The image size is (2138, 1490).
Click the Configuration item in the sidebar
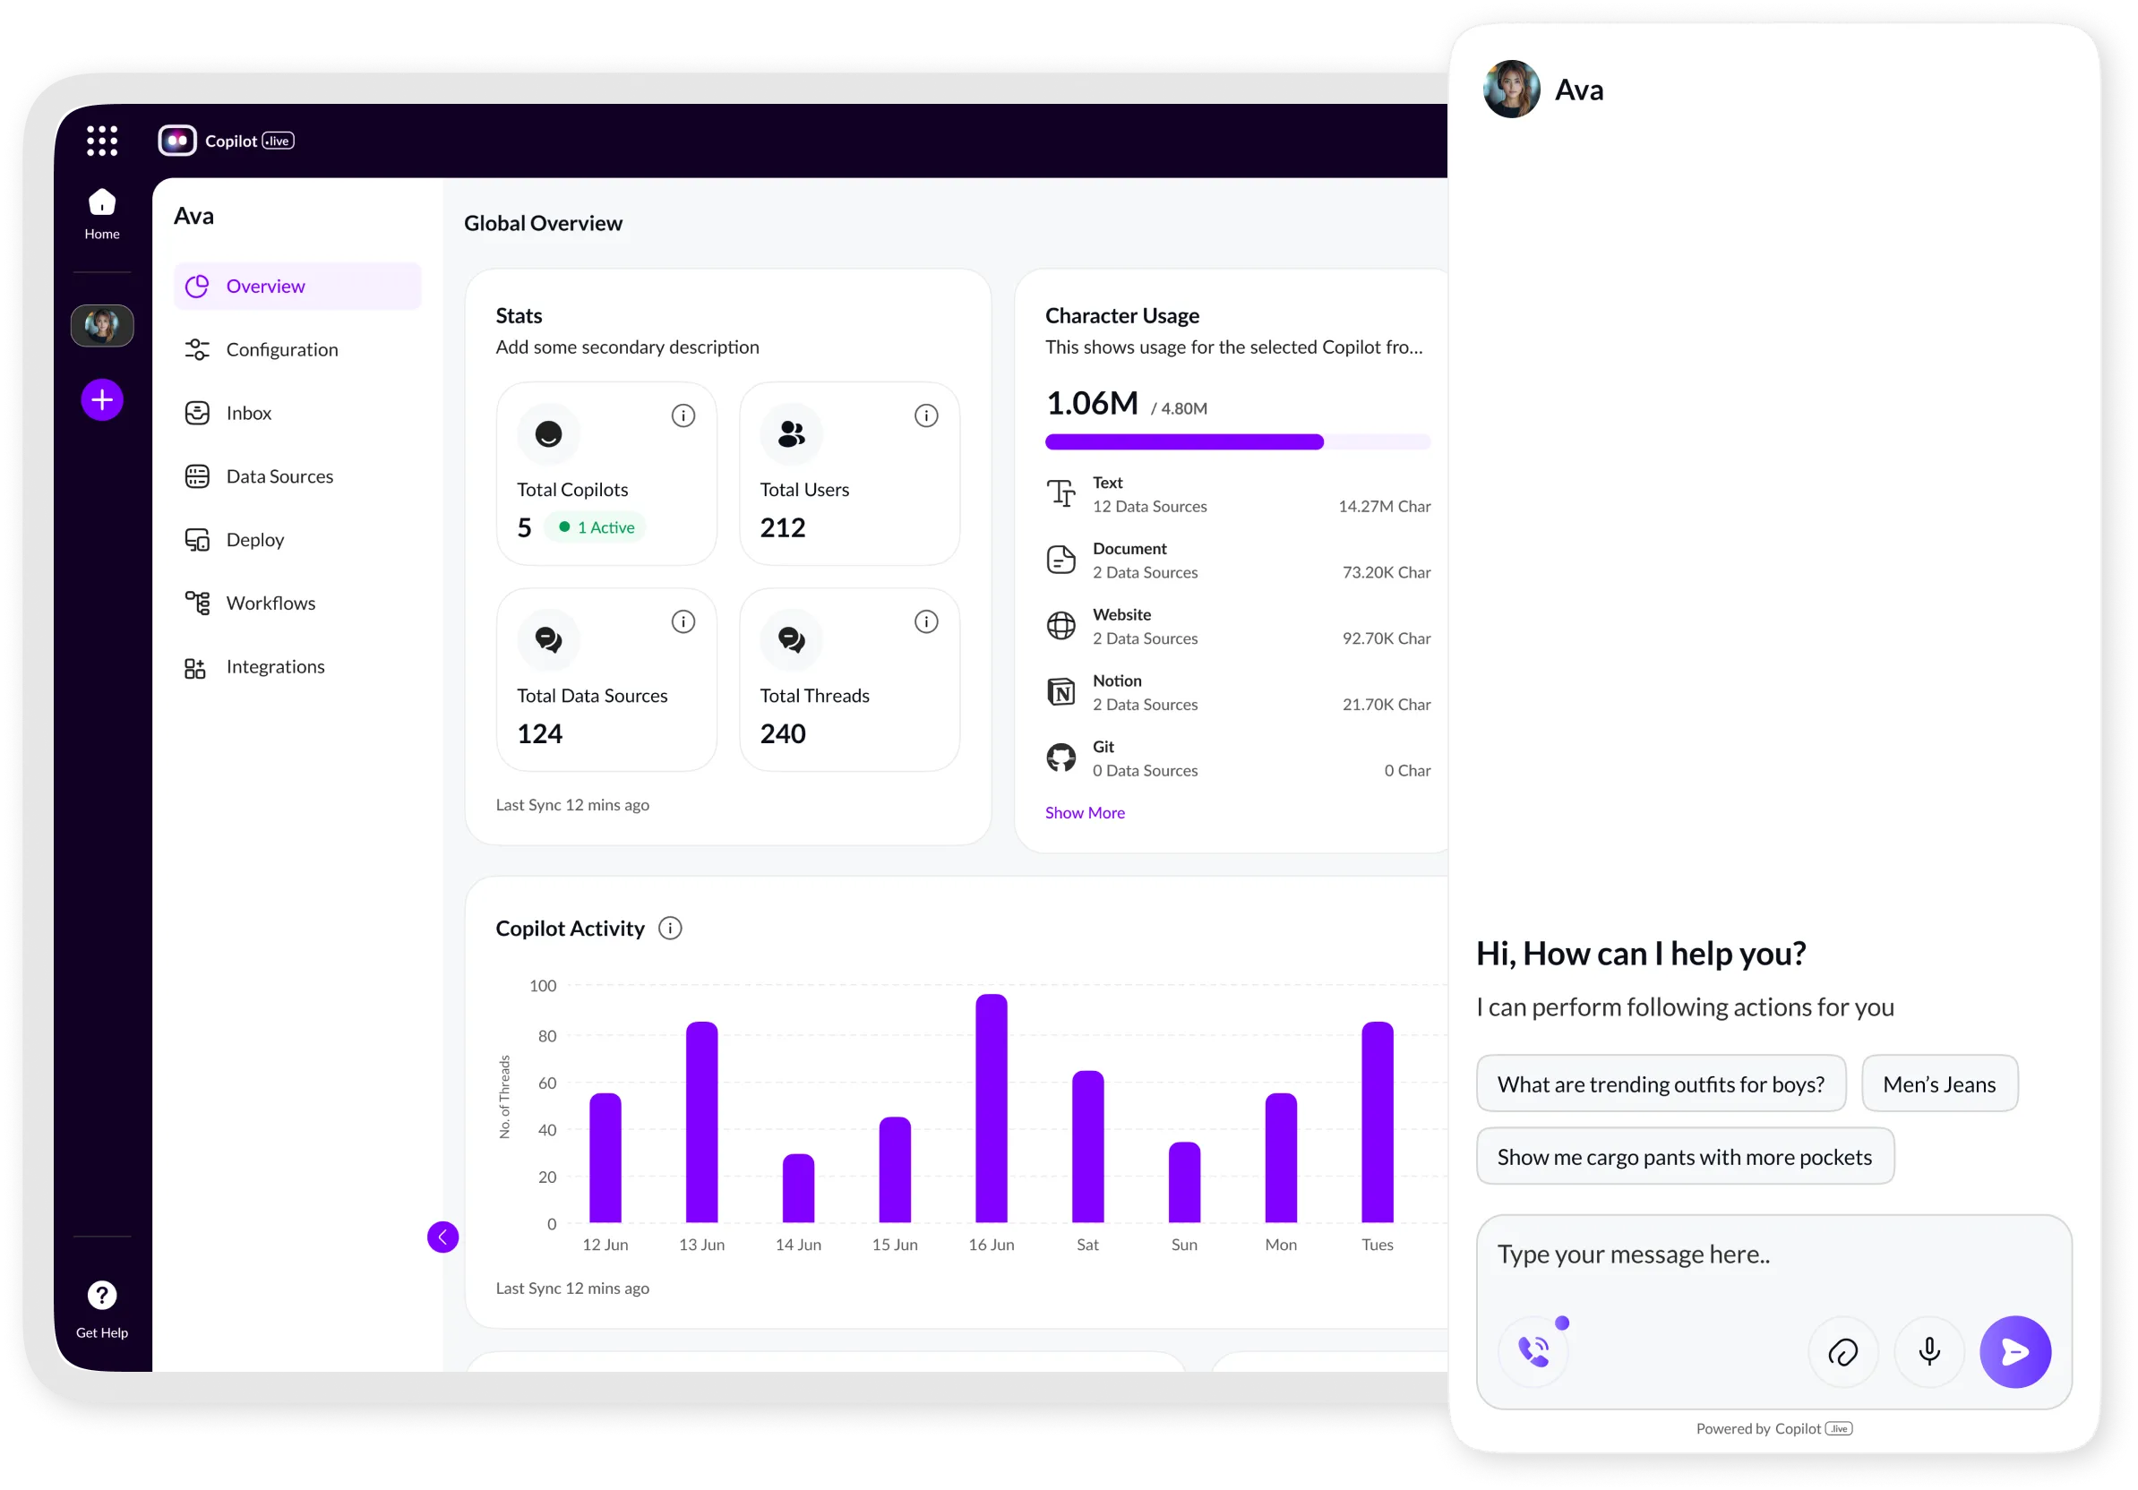280,350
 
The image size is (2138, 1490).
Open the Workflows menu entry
270,603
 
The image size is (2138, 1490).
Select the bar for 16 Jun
991,1108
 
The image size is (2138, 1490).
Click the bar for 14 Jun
798,1188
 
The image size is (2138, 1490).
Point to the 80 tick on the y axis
546,1036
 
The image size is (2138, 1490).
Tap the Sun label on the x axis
1183,1245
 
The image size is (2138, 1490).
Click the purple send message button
2014,1351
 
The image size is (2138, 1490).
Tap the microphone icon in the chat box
1928,1351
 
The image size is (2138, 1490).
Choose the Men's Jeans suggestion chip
1939,1084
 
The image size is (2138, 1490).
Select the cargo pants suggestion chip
1684,1157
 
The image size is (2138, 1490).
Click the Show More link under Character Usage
1084,812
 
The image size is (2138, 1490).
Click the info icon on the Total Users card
925,416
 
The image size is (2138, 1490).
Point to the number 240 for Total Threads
782,734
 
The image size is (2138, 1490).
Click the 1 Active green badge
596,527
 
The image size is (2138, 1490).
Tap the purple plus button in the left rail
102,400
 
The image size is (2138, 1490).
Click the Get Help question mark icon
102,1296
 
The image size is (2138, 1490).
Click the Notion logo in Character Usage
1060,692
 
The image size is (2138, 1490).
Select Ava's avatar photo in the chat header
1510,90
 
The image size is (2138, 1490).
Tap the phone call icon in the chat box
1533,1351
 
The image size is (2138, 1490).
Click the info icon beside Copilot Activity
669,928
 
